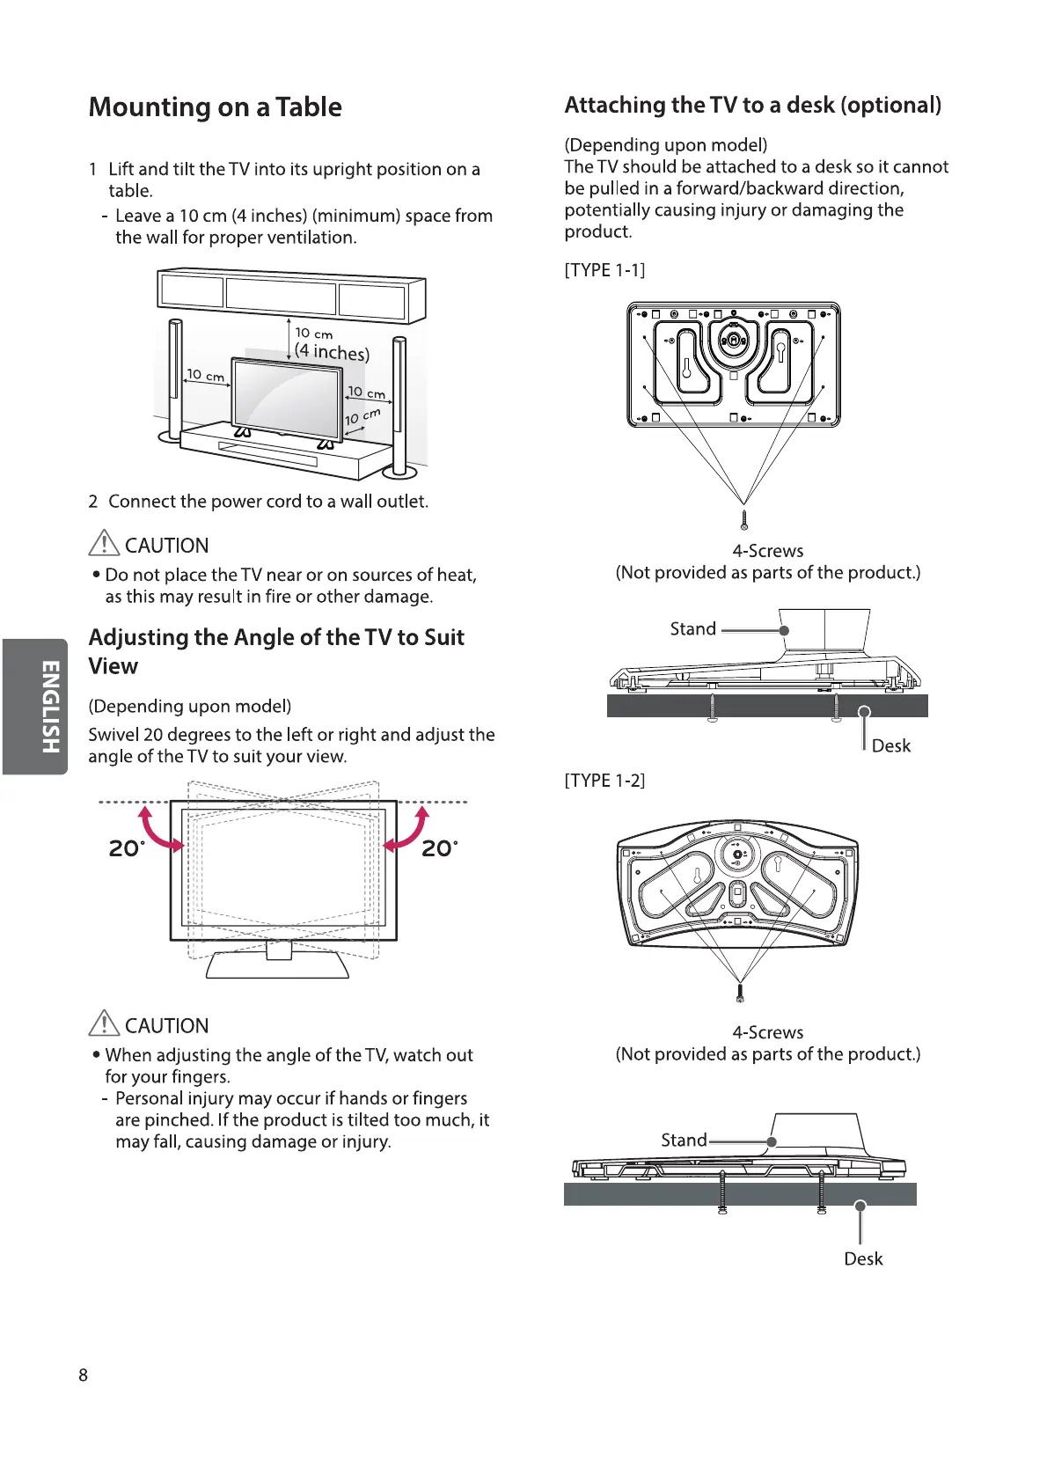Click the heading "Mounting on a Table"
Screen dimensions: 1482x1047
[x=215, y=107]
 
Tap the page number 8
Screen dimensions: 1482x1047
[x=84, y=1375]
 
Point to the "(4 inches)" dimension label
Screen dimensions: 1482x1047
[x=332, y=352]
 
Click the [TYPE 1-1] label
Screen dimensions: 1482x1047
[x=604, y=270]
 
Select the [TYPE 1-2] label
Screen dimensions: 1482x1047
[x=604, y=781]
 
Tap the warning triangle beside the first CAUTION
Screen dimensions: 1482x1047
[x=104, y=543]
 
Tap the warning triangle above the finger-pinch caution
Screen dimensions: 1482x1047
[x=104, y=1023]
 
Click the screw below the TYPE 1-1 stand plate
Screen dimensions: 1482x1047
[x=744, y=518]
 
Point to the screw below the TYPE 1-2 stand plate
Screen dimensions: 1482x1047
[x=740, y=994]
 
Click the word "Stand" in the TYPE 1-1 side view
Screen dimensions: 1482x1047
[x=692, y=629]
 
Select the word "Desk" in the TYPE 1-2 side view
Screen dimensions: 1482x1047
[x=862, y=1258]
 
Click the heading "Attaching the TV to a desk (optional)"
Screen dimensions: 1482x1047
[x=752, y=106]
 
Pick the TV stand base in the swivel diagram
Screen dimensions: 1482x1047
[x=278, y=966]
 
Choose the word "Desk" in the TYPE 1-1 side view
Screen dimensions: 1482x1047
[x=890, y=745]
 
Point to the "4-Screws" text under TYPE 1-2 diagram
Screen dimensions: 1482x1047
[x=767, y=1032]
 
